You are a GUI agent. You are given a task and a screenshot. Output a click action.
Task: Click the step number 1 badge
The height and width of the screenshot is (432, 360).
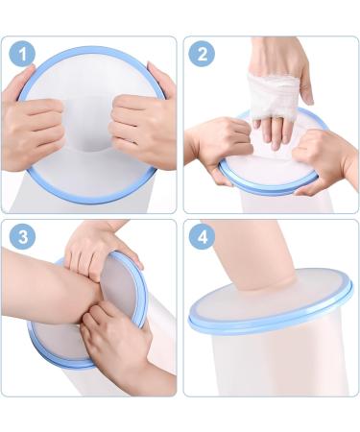[22, 54]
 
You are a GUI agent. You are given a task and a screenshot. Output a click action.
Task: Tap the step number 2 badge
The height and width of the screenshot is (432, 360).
[202, 54]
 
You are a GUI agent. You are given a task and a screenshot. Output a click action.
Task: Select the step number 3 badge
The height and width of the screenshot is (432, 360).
[22, 237]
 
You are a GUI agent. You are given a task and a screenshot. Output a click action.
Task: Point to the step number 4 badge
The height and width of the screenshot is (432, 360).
[202, 237]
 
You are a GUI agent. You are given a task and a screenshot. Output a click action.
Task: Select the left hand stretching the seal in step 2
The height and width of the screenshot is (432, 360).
[221, 147]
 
